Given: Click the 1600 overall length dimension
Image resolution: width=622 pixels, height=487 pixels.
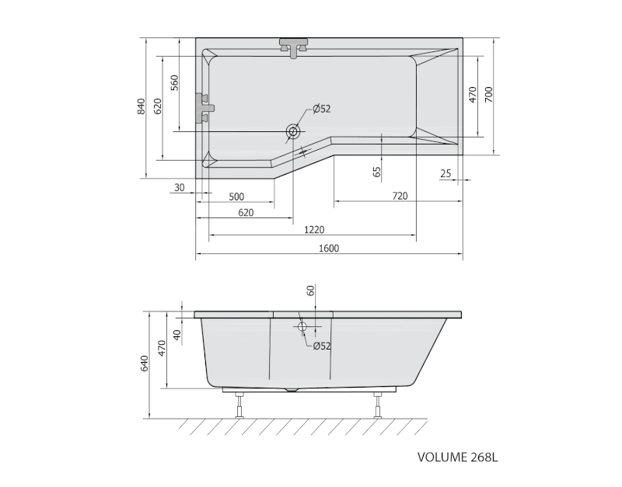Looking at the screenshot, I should click(329, 248).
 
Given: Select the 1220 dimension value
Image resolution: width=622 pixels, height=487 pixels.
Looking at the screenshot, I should click(313, 229).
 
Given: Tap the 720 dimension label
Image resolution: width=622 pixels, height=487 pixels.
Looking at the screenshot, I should click(399, 196).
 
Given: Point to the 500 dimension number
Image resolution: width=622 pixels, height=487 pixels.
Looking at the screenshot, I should click(236, 196).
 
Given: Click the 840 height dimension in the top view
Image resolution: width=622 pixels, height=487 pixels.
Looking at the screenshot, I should click(142, 107).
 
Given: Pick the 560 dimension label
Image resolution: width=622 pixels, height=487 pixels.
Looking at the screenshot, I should click(175, 82).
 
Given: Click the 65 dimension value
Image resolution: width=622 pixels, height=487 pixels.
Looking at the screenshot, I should click(377, 172).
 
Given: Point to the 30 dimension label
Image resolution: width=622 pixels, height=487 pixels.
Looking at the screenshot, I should click(180, 187).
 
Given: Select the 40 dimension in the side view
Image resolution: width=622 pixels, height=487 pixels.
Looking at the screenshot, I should click(177, 336).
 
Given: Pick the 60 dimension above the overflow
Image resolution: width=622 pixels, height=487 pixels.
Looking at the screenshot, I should click(310, 290).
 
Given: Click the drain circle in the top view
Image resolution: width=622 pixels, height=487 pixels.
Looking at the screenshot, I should click(293, 131).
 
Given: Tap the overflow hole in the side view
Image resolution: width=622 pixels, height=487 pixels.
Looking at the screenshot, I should click(302, 327).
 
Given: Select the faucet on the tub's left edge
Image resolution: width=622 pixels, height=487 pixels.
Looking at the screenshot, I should click(204, 107).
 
